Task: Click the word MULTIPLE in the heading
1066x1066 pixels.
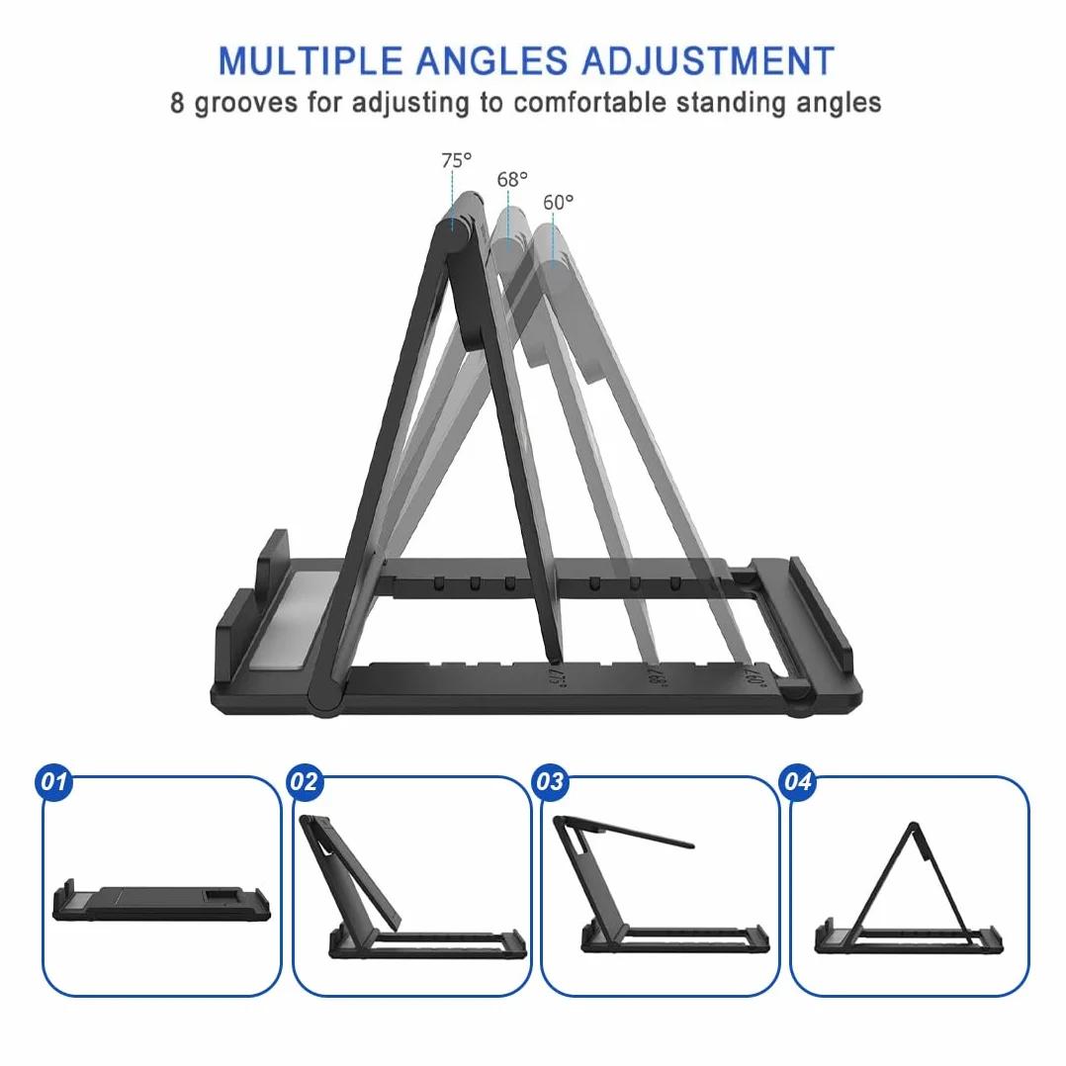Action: point(311,60)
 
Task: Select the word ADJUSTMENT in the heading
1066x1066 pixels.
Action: point(708,60)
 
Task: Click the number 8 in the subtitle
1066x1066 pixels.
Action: point(177,103)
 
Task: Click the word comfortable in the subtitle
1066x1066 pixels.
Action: point(590,103)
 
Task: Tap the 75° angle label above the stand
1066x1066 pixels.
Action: point(456,160)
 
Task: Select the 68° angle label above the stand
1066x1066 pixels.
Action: point(512,180)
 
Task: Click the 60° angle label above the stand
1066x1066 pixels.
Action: point(558,203)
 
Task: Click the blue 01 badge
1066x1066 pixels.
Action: point(53,782)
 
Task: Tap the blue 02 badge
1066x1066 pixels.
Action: point(304,782)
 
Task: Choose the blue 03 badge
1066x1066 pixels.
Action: point(550,782)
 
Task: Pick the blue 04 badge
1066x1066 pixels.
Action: point(798,782)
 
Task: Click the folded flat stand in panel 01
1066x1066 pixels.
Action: point(161,902)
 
